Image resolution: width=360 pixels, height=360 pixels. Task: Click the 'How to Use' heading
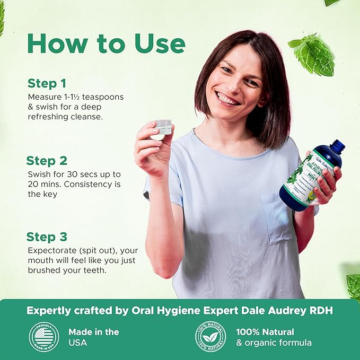tap(106, 43)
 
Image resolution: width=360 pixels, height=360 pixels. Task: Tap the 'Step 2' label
tap(48, 161)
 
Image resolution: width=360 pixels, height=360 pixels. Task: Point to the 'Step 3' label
tap(48, 237)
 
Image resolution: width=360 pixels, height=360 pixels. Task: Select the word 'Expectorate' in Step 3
tap(50, 251)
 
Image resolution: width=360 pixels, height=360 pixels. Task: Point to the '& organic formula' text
tap(274, 343)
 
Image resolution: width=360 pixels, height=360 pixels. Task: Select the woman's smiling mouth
tap(228, 99)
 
